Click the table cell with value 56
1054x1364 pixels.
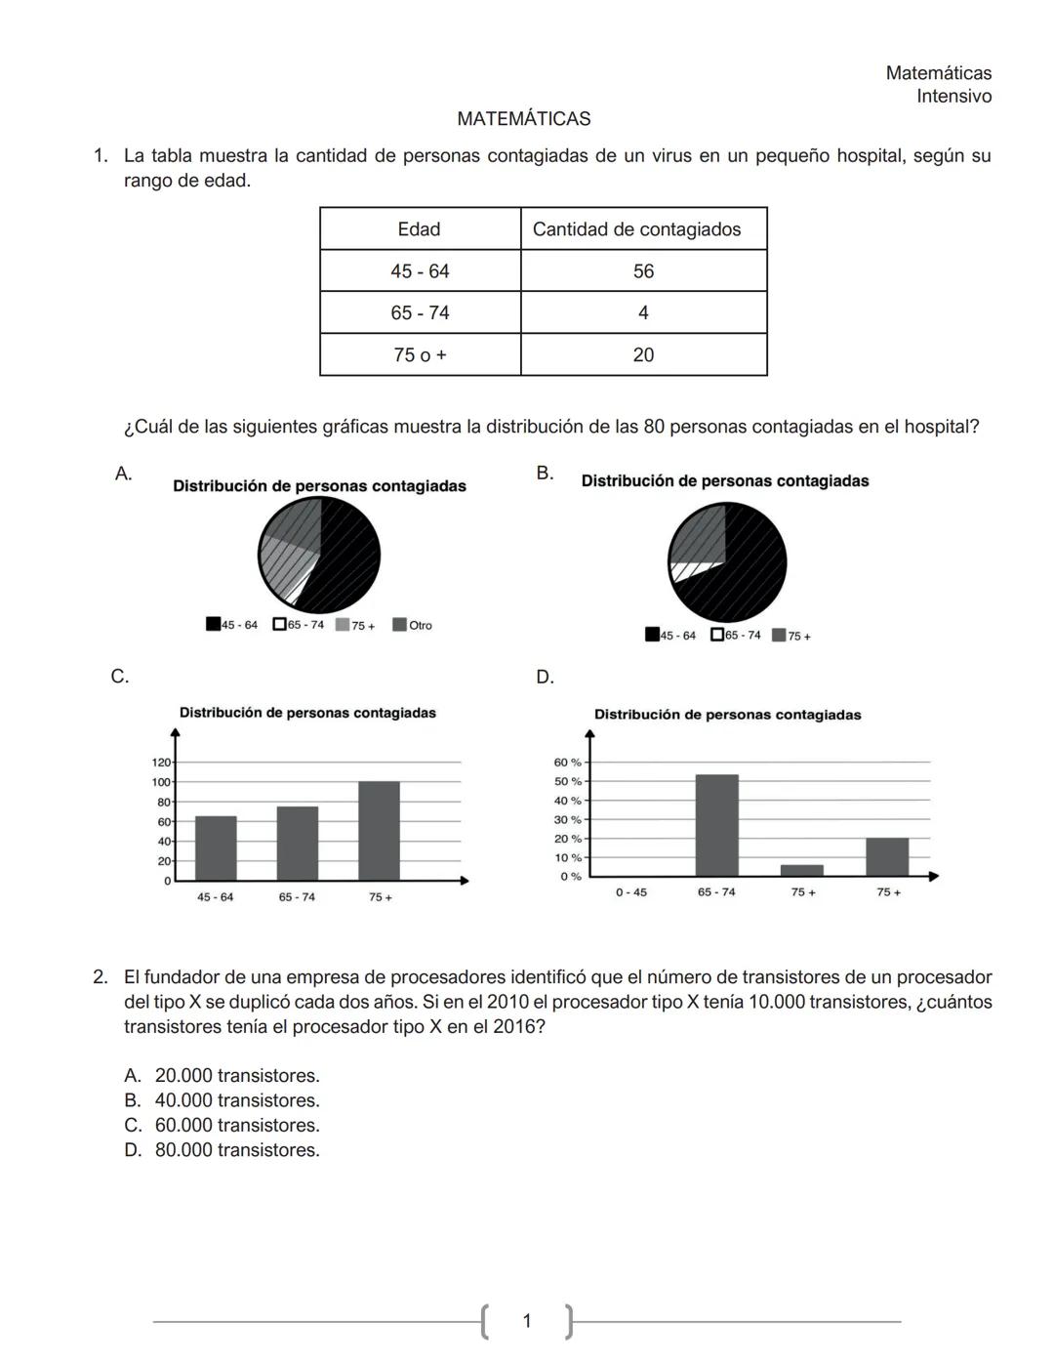pyautogui.click(x=643, y=271)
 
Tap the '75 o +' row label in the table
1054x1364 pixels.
pyautogui.click(x=420, y=355)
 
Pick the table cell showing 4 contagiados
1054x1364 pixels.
pyautogui.click(x=643, y=313)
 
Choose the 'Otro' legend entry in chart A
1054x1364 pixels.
pyautogui.click(x=413, y=625)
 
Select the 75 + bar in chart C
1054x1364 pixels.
pyautogui.click(x=379, y=830)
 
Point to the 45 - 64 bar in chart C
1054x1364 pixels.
pyautogui.click(x=216, y=847)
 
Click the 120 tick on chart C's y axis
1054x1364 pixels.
pyautogui.click(x=161, y=762)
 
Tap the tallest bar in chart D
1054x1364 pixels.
pyautogui.click(x=716, y=825)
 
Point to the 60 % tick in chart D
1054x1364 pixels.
pyautogui.click(x=567, y=762)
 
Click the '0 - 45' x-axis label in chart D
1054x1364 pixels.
pyautogui.click(x=630, y=892)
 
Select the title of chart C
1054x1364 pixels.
pyautogui.click(x=307, y=713)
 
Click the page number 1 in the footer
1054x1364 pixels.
pyautogui.click(x=527, y=1321)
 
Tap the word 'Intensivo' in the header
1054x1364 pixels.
pyautogui.click(x=953, y=97)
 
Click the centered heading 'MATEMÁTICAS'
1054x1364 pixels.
pyautogui.click(x=523, y=119)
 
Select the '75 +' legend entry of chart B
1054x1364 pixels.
pyautogui.click(x=791, y=636)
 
